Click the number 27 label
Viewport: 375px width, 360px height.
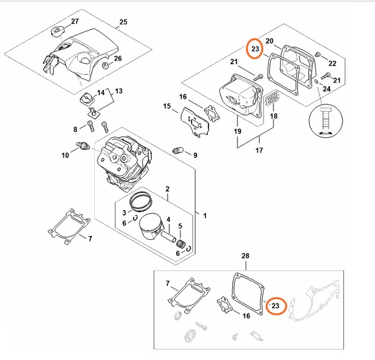click(x=74, y=21)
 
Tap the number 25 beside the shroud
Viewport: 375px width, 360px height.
click(x=123, y=22)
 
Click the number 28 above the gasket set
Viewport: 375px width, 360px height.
click(x=245, y=256)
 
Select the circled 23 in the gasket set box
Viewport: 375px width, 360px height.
click(x=275, y=306)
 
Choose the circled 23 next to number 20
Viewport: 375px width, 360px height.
click(x=255, y=50)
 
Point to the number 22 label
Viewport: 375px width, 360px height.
click(x=332, y=63)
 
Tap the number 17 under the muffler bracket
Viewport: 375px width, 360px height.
click(x=259, y=150)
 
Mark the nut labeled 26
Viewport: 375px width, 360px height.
click(x=105, y=65)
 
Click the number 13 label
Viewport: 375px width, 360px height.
click(x=119, y=91)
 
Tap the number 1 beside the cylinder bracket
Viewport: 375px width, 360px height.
click(x=205, y=216)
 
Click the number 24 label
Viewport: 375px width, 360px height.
click(x=327, y=89)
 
